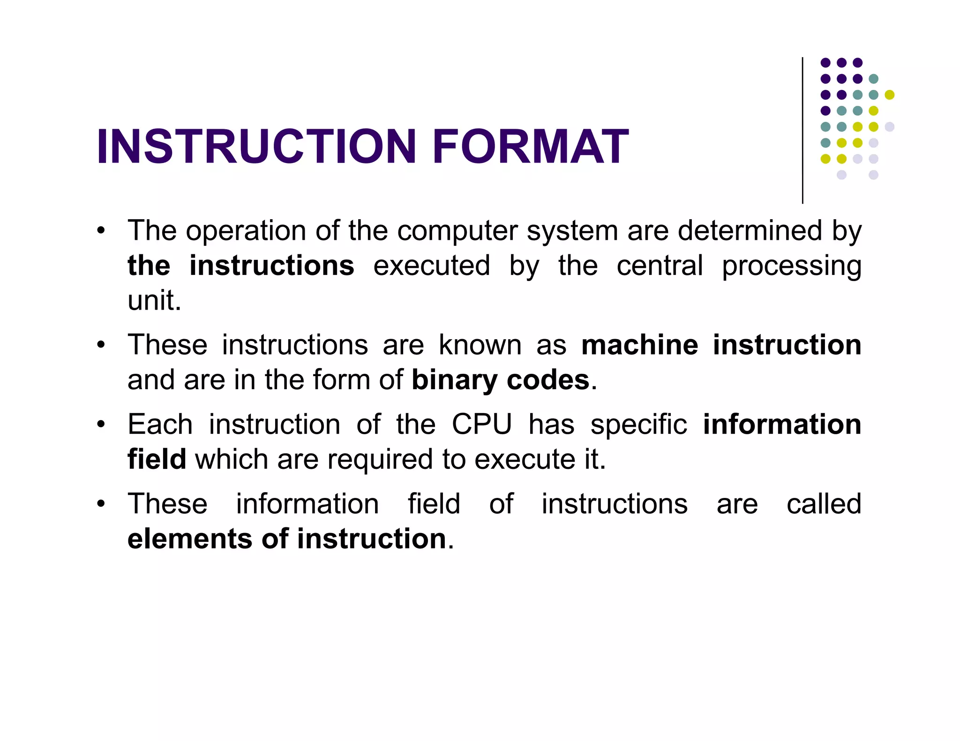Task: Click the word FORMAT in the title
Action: pyautogui.click(x=530, y=147)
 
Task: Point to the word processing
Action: pyautogui.click(x=791, y=267)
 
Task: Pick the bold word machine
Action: pyautogui.click(x=639, y=345)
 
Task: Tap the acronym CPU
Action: pyautogui.click(x=481, y=425)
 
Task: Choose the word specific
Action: pyautogui.click(x=638, y=425)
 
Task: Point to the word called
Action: pyautogui.click(x=824, y=504)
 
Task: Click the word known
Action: pyautogui.click(x=480, y=345)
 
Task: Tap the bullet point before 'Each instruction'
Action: pyautogui.click(x=101, y=425)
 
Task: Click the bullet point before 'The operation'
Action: pyautogui.click(x=101, y=231)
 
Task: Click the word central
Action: pyautogui.click(x=660, y=266)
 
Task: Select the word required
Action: pyautogui.click(x=380, y=459)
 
